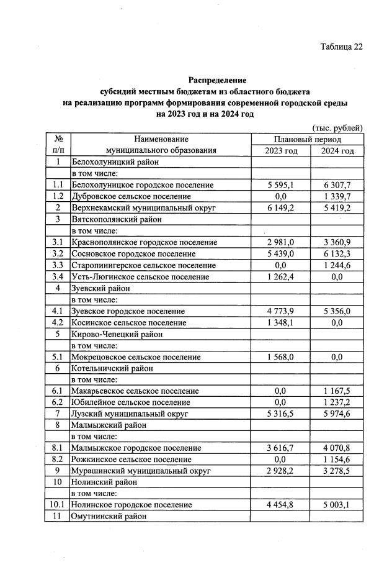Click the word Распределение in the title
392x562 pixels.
(x=217, y=80)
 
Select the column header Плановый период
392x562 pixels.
(x=307, y=140)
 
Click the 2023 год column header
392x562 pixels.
(x=281, y=151)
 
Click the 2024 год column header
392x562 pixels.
(x=337, y=151)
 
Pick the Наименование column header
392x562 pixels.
(x=161, y=140)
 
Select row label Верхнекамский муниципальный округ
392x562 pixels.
(x=143, y=208)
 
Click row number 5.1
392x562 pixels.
(x=58, y=356)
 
